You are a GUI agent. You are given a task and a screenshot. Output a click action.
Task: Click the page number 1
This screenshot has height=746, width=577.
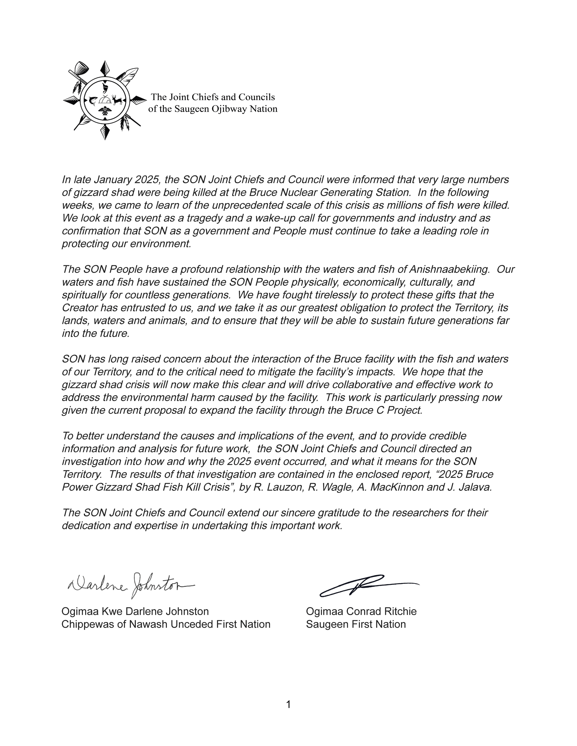pyautogui.click(x=288, y=704)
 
